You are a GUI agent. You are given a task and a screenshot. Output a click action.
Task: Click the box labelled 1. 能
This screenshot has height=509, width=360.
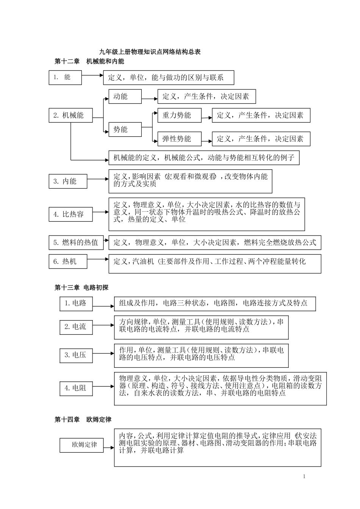(x=65, y=77)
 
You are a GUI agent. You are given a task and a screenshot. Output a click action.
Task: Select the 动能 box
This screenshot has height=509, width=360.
(x=125, y=97)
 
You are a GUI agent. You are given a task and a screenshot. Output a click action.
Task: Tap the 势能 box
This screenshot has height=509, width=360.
(x=125, y=130)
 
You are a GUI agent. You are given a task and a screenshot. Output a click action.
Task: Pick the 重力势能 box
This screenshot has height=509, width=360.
(x=179, y=115)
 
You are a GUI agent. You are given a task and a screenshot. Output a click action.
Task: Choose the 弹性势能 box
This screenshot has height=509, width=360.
(x=179, y=139)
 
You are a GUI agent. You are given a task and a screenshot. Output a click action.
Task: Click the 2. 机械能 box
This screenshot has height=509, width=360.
(x=71, y=115)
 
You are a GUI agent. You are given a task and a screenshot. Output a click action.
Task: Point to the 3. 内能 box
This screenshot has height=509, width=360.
(x=68, y=181)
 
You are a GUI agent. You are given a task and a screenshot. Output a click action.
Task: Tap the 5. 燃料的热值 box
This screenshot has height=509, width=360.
(x=76, y=242)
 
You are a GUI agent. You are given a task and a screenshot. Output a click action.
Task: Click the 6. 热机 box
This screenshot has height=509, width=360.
(x=68, y=261)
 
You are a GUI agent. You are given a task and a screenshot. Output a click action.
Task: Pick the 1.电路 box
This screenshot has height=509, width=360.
(x=76, y=303)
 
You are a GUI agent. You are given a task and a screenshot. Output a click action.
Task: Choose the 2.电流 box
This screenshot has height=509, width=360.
(x=76, y=327)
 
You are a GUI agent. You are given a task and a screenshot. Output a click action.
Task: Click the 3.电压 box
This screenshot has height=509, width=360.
(x=76, y=355)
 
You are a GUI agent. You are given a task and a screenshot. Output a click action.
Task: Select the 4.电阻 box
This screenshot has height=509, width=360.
(x=76, y=388)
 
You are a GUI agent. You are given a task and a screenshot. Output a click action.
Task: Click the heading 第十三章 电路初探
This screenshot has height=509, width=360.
(x=81, y=288)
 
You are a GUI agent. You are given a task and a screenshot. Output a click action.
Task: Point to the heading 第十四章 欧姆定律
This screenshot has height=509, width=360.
(x=83, y=420)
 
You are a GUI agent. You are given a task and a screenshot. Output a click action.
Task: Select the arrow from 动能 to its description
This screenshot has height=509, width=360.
(x=150, y=98)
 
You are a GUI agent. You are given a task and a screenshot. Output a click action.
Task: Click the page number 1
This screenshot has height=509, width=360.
(x=304, y=476)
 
